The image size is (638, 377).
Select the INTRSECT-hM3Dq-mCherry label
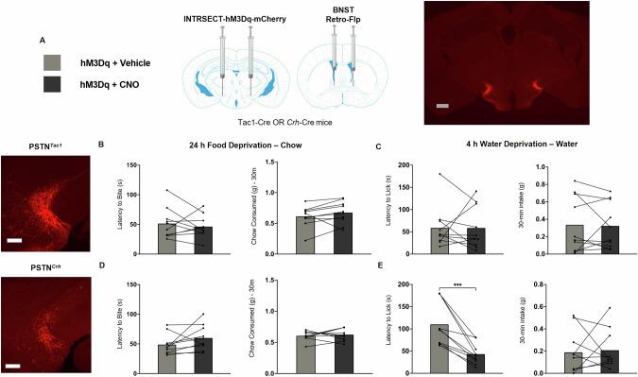(236, 9)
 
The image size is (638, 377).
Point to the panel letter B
(112, 146)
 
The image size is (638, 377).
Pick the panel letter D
(112, 266)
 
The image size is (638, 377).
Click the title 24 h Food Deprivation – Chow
(239, 146)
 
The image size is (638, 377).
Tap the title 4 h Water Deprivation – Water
(508, 146)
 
